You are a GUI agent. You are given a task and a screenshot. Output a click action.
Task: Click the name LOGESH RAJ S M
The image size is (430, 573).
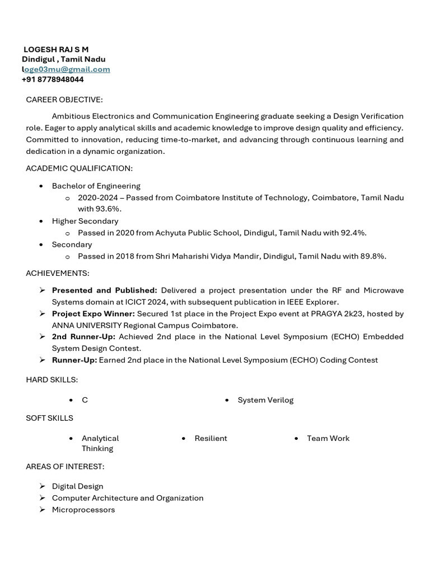point(56,49)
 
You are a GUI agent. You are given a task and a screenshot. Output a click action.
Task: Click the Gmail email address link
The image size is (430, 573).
point(66,69)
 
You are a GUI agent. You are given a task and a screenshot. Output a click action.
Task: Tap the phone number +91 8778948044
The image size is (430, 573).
point(53,79)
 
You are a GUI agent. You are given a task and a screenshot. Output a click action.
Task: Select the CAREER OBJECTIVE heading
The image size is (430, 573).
point(64,100)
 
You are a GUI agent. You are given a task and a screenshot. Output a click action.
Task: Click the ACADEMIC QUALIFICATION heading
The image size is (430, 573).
point(79,168)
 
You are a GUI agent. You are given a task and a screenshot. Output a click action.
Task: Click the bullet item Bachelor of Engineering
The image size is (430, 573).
point(96,186)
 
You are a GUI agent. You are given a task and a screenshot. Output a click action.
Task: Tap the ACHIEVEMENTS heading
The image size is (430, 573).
point(58,273)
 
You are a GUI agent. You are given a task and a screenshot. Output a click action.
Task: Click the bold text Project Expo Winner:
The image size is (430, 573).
point(93,314)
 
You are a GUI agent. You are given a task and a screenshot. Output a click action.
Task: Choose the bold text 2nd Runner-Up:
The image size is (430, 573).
point(83,336)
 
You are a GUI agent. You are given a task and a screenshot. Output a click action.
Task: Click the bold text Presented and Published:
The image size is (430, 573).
point(104,290)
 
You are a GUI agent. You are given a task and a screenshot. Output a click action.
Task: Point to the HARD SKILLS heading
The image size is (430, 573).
point(52,380)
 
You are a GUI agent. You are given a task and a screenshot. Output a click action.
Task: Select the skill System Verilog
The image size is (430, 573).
point(265,400)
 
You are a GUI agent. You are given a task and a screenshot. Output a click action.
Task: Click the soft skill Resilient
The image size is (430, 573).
point(211,438)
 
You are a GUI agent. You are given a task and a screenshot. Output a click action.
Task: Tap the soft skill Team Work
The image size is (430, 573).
point(328,438)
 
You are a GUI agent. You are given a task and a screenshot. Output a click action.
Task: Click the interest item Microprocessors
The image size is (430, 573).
point(83,510)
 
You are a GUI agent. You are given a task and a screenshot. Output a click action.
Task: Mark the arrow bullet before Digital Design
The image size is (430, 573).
point(43,486)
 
